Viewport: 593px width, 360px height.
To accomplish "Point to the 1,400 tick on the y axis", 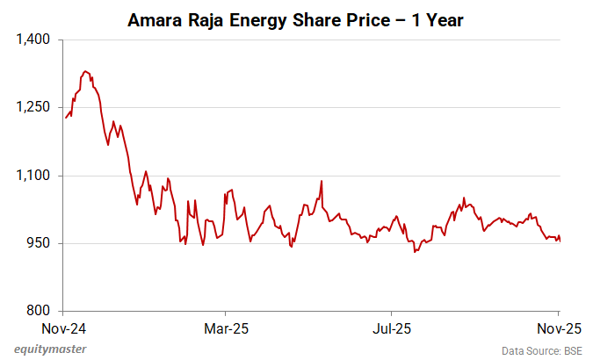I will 36,40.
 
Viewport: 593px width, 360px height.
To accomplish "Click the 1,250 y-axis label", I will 36,108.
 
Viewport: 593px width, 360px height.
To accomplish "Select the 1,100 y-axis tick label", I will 36,176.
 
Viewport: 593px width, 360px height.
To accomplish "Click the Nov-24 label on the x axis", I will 63,328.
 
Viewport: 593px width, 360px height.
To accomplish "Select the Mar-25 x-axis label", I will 226,328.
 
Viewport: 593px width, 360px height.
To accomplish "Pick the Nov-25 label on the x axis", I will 559,328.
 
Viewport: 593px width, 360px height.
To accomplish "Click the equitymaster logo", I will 50,349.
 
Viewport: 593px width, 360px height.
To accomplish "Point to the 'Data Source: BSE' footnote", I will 542,350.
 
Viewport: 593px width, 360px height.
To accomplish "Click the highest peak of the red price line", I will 84,71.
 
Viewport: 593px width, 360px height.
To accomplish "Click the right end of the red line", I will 560,241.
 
